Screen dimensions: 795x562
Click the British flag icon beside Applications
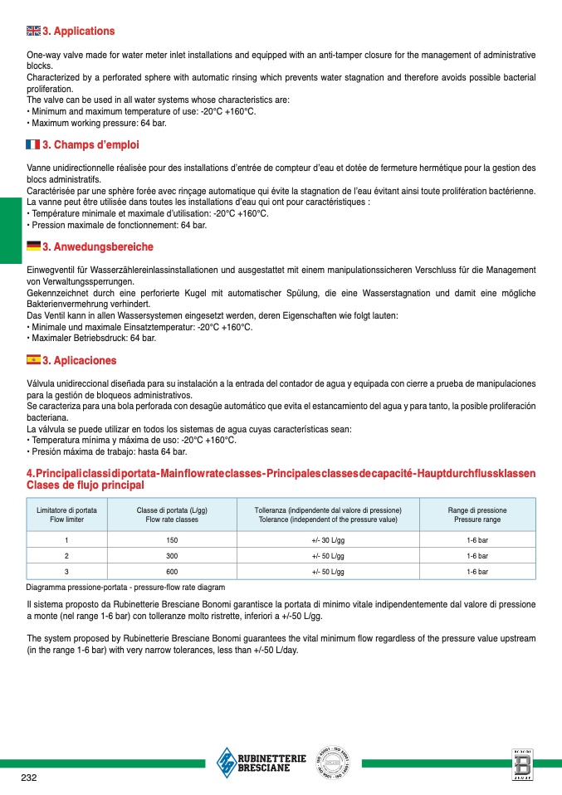click(33, 32)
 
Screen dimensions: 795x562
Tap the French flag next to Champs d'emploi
click(33, 144)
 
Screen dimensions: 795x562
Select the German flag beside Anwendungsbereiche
click(33, 246)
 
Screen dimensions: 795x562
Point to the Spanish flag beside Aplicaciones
click(33, 360)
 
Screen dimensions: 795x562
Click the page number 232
click(29, 778)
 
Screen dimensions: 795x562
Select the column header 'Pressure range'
click(477, 519)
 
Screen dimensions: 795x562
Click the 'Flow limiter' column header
click(66, 519)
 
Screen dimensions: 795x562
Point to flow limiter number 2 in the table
click(66, 556)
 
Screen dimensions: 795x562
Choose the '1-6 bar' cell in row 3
click(477, 572)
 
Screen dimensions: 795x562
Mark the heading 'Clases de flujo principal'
click(86, 485)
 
